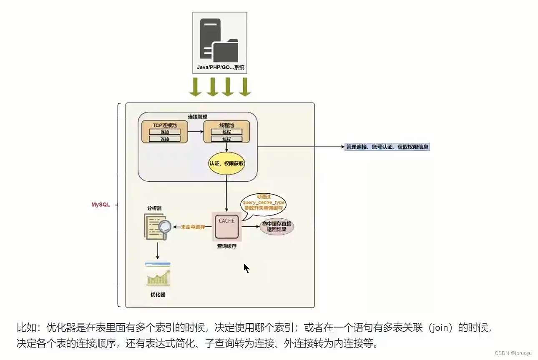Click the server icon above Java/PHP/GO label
tap(219, 40)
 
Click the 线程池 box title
tap(226, 125)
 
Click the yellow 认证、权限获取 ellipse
tap(226, 164)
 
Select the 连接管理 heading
tap(198, 117)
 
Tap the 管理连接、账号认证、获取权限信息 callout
tap(387, 147)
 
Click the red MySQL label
tap(101, 205)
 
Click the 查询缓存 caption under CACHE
tap(226, 246)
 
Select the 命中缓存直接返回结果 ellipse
tap(277, 227)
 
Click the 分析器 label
tap(154, 207)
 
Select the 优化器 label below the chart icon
tap(158, 295)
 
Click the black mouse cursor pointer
tap(246, 268)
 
